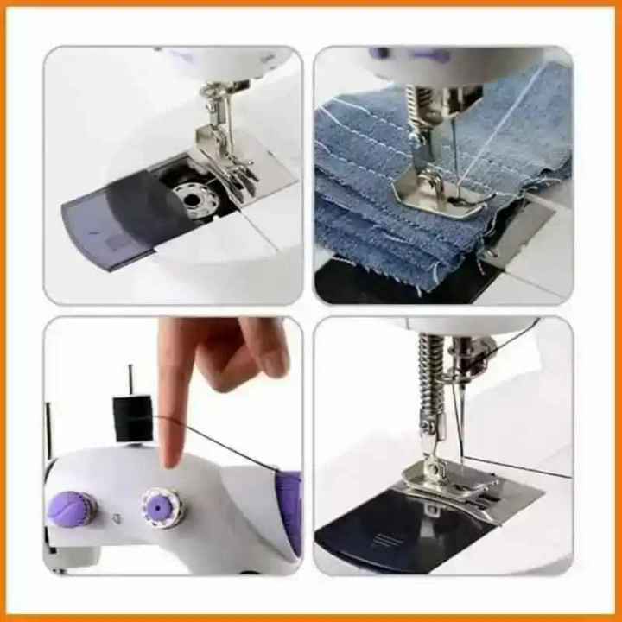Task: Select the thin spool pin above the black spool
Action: tap(130, 378)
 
